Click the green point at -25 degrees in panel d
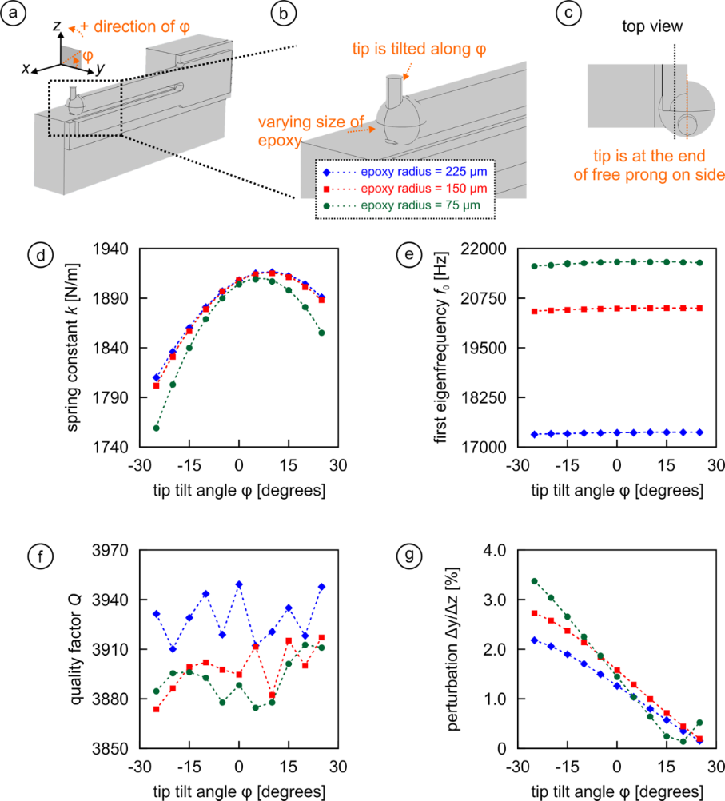point(157,428)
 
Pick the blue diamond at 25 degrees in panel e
point(700,432)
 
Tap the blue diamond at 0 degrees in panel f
point(239,584)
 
